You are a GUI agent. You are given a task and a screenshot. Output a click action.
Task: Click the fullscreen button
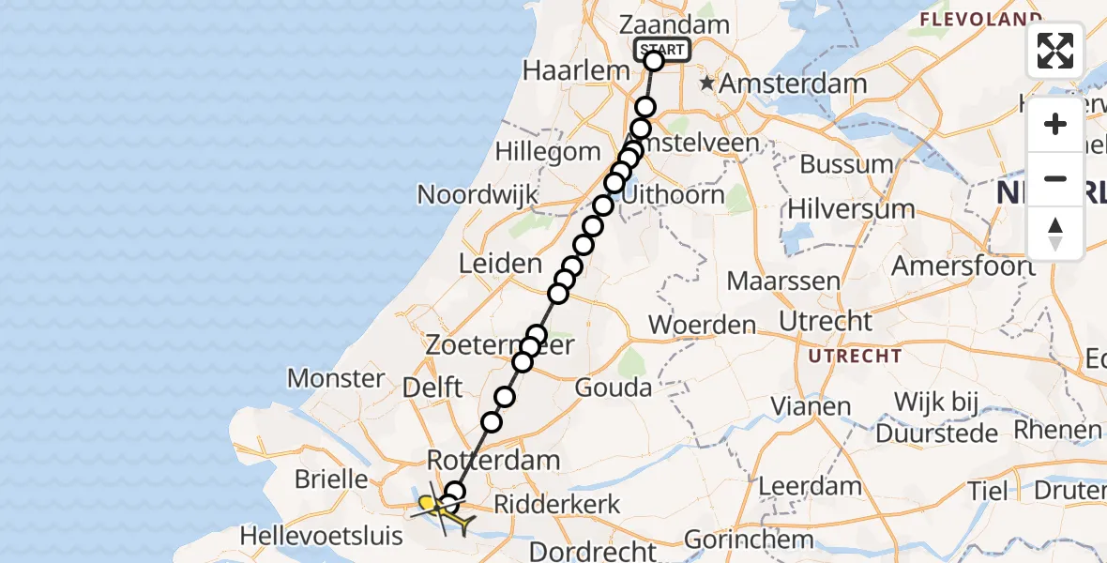click(1055, 51)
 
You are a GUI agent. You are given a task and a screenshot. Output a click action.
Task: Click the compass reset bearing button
click(1055, 233)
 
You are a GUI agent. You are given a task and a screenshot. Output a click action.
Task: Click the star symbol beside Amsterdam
click(706, 84)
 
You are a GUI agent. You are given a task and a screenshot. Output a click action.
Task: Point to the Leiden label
click(499, 264)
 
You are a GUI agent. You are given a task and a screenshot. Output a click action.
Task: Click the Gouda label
click(614, 387)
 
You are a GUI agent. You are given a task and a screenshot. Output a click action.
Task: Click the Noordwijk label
click(478, 194)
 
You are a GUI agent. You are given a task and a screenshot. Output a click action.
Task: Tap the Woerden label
click(703, 326)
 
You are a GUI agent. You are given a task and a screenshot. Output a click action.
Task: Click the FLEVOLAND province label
click(980, 18)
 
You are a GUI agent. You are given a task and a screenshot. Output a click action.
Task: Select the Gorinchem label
click(749, 540)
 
